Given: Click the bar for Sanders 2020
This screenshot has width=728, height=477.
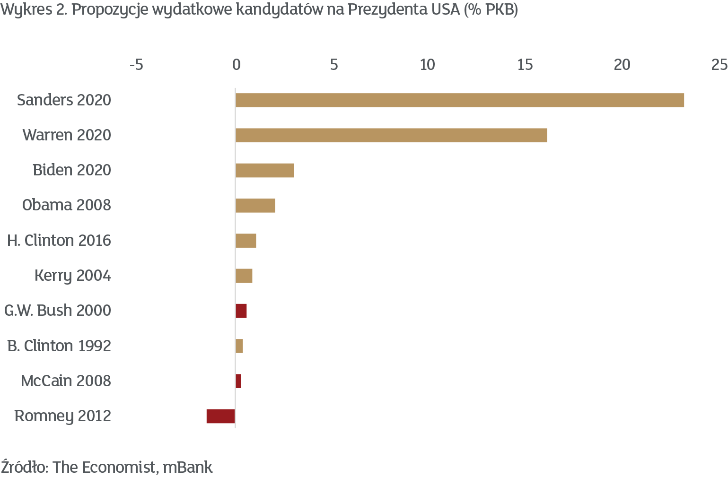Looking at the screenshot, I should [x=459, y=100].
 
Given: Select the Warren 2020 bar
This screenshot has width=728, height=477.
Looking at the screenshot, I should [x=391, y=135].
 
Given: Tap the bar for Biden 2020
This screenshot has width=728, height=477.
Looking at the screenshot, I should [x=265, y=170].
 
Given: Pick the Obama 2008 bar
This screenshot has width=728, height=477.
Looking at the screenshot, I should [x=255, y=206].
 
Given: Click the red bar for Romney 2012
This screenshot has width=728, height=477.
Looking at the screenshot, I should [x=220, y=416].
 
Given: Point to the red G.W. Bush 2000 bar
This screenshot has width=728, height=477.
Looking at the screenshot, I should [x=241, y=311].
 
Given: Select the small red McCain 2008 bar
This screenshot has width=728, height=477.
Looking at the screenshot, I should [x=238, y=381].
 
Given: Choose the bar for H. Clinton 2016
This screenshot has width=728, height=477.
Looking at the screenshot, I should [x=246, y=241].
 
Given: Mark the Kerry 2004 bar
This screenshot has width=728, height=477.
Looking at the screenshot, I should [x=244, y=276].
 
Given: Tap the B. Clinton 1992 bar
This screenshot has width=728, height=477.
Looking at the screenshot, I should [x=239, y=346].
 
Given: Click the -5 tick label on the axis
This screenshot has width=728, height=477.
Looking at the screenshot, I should [x=136, y=65].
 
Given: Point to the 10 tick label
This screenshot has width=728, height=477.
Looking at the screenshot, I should [x=427, y=65].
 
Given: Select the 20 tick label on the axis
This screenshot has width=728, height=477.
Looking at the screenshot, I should [x=622, y=65].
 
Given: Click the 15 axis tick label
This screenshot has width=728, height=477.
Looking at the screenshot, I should [x=525, y=65].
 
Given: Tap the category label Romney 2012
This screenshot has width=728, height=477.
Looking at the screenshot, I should [x=63, y=416].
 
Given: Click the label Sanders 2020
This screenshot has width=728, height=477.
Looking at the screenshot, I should [x=64, y=100].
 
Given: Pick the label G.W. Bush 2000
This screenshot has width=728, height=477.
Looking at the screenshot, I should [x=58, y=311].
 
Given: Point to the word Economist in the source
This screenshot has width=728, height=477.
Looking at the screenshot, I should [x=123, y=467].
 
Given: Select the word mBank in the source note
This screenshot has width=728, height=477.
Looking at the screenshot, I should [x=188, y=467].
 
